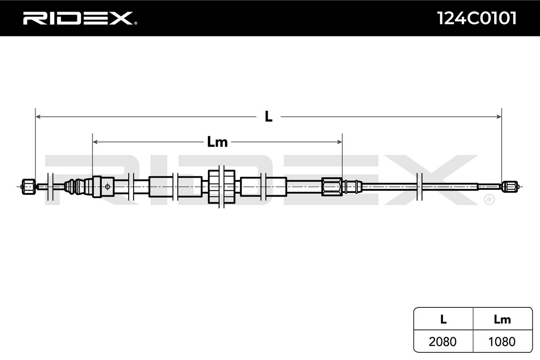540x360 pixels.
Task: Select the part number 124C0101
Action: point(477,18)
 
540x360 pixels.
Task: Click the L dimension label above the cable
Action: point(268,117)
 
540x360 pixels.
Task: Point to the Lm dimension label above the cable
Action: point(217,142)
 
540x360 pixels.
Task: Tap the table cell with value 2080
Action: point(443,342)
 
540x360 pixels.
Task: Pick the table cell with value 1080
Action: point(502,342)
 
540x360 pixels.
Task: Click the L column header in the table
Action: point(443,319)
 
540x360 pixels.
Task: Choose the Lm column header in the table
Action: point(502,319)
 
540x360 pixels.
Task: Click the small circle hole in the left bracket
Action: point(107,186)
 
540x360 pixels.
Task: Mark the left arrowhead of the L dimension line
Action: point(38,117)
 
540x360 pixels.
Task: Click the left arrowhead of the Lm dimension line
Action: point(94,142)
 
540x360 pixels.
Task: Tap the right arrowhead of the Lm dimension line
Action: point(340,142)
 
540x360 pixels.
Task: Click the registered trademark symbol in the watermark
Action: point(489,199)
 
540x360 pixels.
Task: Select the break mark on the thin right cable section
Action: point(420,186)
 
